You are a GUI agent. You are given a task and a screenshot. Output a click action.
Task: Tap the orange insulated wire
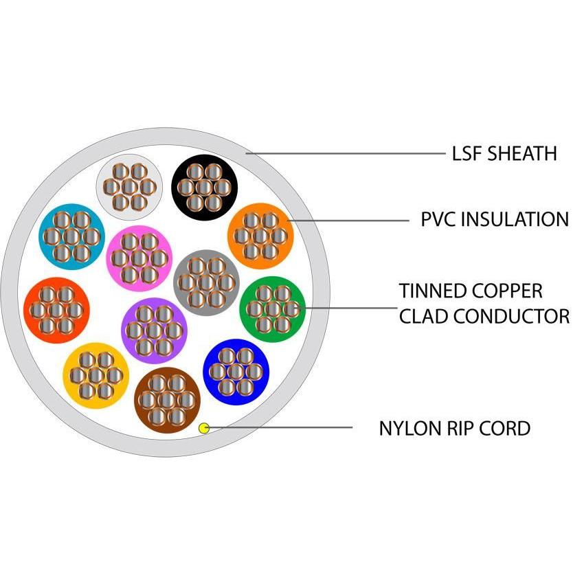point(260,236)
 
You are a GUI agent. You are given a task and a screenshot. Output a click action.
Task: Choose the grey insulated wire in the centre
point(206,282)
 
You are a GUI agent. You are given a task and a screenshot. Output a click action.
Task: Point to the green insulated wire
point(273,308)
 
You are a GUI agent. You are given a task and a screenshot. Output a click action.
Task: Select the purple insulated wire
point(154,330)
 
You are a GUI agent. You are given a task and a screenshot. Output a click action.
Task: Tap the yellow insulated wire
point(96,375)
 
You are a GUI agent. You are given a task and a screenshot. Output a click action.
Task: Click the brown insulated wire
point(168,400)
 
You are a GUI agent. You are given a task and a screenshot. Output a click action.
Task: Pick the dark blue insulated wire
point(236,372)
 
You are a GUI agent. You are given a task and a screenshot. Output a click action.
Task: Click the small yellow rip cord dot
point(203,428)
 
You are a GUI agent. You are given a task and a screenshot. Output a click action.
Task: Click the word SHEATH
point(522,153)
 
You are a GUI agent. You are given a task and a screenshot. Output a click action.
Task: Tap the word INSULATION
point(515,220)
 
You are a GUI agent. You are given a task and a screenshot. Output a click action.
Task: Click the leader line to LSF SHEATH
point(344,153)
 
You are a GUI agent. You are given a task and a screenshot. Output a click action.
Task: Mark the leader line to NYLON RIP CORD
point(282,428)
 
